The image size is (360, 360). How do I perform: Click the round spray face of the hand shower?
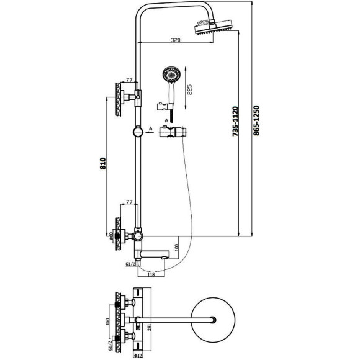click(169, 76)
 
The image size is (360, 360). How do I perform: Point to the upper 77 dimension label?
click(129, 80)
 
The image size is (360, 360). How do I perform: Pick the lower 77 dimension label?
click(130, 202)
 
